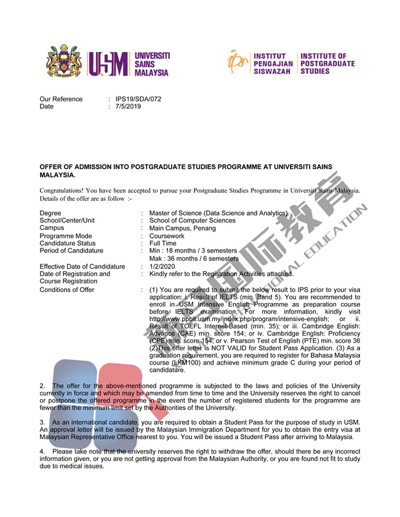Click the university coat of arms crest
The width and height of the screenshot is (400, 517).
[x=64, y=62]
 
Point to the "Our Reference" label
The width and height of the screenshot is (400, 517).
[x=61, y=99]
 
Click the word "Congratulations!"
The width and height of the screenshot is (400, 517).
[x=62, y=191]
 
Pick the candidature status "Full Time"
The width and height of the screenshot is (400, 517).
[x=162, y=243]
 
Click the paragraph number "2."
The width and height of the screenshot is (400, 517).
[x=42, y=385]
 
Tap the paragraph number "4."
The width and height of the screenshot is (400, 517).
[x=42, y=451]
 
